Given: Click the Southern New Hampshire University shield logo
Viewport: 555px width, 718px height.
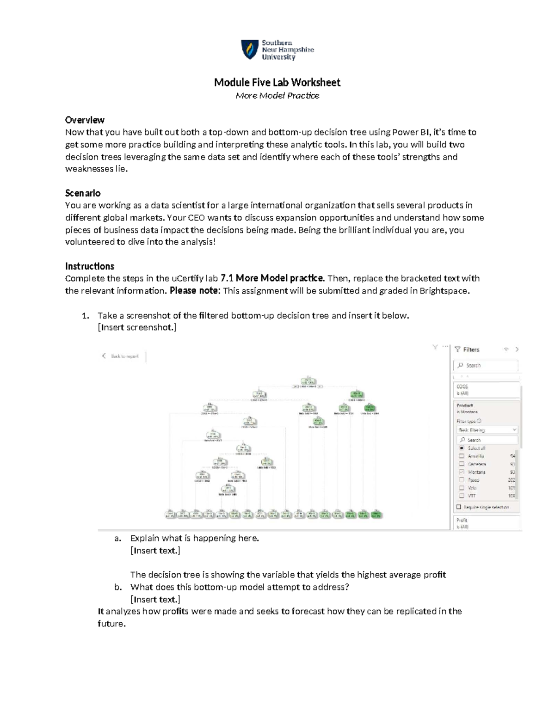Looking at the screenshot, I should (250, 49).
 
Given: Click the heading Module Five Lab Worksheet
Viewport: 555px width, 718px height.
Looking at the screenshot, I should (277, 82).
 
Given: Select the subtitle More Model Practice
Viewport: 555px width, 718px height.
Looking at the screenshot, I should (277, 96).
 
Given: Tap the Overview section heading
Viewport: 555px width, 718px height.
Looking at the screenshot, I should (85, 120).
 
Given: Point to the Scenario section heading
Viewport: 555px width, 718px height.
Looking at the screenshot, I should (83, 193).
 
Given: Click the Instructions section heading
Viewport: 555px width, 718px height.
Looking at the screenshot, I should (90, 266).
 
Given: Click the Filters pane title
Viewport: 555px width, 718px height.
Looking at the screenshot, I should (471, 350).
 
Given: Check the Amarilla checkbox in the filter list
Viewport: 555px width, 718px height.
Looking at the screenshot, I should (462, 456).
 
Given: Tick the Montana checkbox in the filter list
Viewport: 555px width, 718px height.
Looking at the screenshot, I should (462, 472).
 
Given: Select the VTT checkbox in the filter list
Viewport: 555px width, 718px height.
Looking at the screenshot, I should (462, 496).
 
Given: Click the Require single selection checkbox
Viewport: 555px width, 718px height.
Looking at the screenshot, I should (459, 507).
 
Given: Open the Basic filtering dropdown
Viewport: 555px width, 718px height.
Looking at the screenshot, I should (487, 430).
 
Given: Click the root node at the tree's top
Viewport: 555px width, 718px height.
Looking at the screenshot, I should (308, 381).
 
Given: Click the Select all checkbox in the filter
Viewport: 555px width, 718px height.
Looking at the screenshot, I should (462, 448).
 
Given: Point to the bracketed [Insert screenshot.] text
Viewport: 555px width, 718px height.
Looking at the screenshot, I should (137, 328).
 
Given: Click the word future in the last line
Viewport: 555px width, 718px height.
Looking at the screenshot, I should (111, 624).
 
